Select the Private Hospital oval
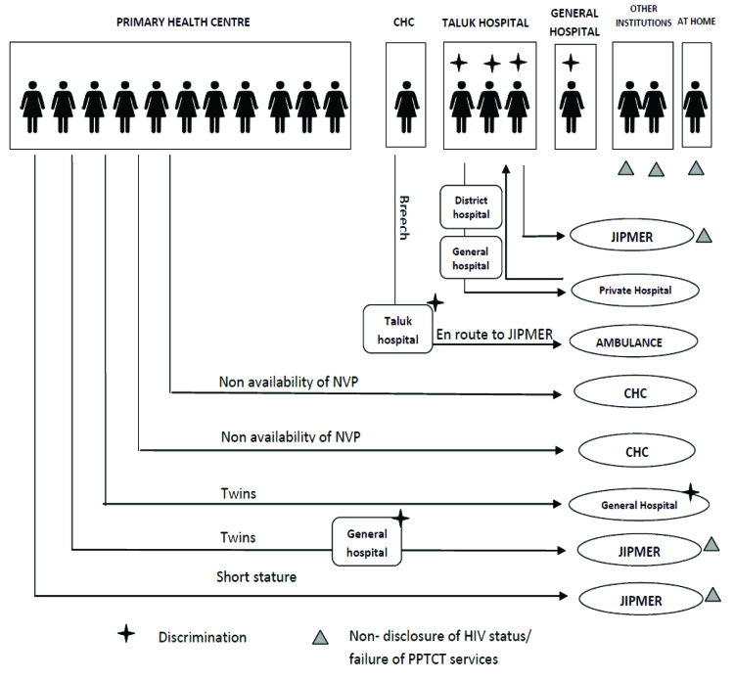[x=636, y=291]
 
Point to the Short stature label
[x=256, y=577]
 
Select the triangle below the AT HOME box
[x=696, y=167]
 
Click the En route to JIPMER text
[x=496, y=334]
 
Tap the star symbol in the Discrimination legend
[x=125, y=635]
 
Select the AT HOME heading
[x=697, y=23]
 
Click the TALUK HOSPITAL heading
[x=485, y=23]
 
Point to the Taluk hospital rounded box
[x=396, y=327]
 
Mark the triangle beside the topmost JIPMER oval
[x=704, y=235]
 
